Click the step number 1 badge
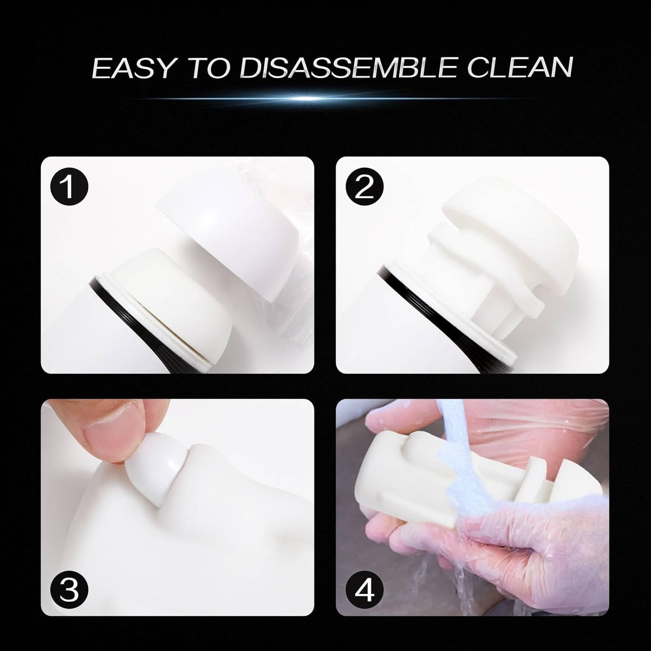pos(69,187)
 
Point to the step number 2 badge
pos(364,187)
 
